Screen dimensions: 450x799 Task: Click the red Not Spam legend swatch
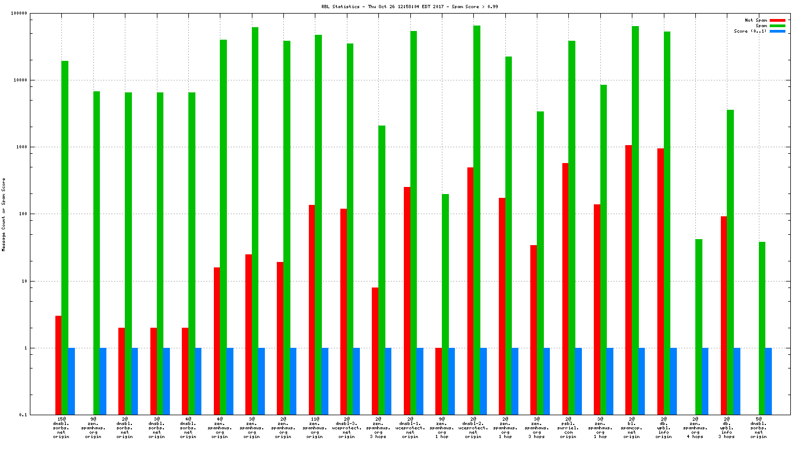click(x=777, y=21)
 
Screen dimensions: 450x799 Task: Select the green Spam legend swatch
click(x=777, y=26)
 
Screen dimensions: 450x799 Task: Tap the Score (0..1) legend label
click(x=750, y=32)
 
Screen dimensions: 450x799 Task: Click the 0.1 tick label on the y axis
click(x=23, y=415)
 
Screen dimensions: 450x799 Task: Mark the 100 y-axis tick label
click(x=22, y=214)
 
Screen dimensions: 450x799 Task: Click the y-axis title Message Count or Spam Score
click(x=4, y=215)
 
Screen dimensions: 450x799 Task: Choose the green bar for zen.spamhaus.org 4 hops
click(x=699, y=327)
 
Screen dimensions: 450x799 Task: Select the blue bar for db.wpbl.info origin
click(x=674, y=381)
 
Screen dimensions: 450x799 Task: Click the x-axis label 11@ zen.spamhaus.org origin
click(x=315, y=428)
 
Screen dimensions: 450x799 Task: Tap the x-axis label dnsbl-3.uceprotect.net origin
click(x=347, y=428)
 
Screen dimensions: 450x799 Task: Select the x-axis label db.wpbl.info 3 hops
click(x=727, y=428)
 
